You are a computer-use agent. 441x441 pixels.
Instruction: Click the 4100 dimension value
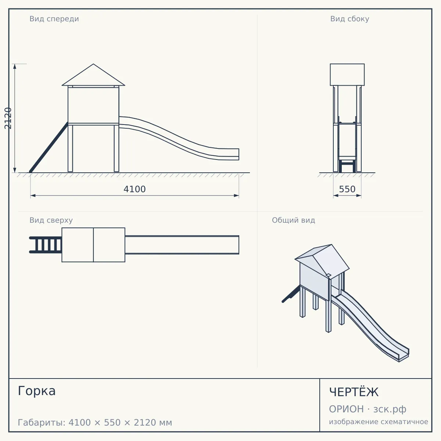[x=135, y=189]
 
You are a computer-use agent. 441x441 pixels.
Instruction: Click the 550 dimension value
[x=347, y=189]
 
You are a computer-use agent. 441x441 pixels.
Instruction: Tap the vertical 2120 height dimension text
[x=8, y=118]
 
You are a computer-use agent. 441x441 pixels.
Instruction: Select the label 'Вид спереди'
[x=54, y=19]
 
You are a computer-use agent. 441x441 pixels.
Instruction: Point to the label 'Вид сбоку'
[x=350, y=19]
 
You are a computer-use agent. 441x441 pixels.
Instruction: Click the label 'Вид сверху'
[x=51, y=220]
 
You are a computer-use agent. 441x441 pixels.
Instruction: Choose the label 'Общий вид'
[x=293, y=220]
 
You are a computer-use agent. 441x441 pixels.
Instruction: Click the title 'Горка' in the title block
[x=37, y=391]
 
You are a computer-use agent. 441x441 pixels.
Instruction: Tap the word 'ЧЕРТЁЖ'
[x=354, y=392]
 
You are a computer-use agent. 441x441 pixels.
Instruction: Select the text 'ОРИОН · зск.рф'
[x=367, y=409]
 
